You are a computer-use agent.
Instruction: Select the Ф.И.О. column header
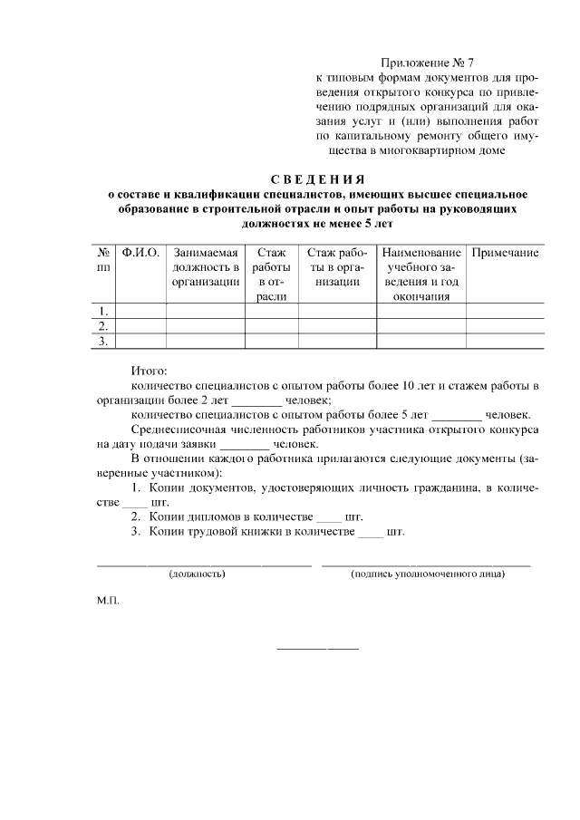140,253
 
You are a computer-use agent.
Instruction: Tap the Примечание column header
506,253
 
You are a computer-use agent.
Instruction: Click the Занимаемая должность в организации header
205,267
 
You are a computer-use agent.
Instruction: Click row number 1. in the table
103,311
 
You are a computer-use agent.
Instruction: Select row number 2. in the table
103,325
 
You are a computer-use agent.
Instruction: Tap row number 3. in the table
103,341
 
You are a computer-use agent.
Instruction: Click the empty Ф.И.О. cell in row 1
140,311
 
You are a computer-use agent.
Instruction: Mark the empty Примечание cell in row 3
506,341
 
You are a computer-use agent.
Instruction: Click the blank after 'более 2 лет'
257,400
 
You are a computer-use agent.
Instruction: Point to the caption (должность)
197,574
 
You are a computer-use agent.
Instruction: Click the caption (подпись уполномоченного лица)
427,574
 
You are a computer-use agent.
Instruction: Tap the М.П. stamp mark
108,601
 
